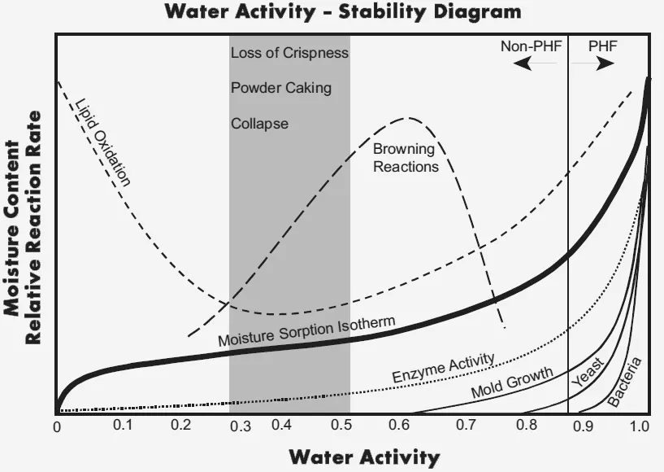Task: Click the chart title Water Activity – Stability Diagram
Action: click(342, 11)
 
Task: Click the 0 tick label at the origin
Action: click(57, 426)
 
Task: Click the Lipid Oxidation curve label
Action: click(103, 142)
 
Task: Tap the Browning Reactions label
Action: click(406, 158)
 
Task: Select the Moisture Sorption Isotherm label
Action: click(306, 332)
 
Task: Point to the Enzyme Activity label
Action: click(443, 368)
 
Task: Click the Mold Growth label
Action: click(512, 382)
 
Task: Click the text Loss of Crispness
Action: click(289, 53)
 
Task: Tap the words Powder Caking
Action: click(281, 88)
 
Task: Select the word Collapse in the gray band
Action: click(259, 124)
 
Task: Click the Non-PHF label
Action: click(531, 46)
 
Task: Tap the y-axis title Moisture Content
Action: click(12, 228)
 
